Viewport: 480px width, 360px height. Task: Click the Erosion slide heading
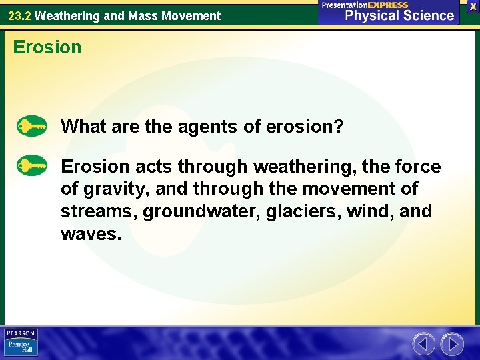point(47,47)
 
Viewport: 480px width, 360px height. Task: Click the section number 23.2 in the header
point(19,15)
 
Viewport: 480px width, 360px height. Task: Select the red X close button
point(473,6)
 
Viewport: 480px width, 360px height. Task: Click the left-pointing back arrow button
point(423,344)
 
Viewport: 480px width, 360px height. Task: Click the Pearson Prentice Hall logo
point(21,343)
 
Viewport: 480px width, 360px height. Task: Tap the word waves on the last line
point(89,234)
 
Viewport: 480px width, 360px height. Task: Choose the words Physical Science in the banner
point(399,15)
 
